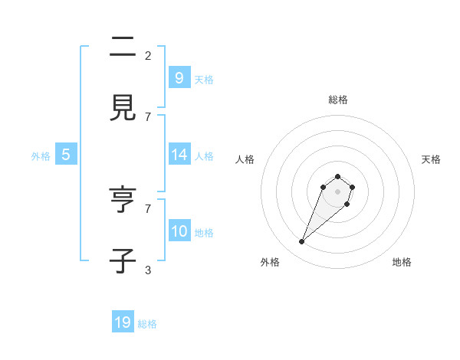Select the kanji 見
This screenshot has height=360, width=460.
(x=123, y=109)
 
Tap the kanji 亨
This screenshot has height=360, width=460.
(x=123, y=200)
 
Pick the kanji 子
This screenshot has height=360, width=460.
(x=123, y=261)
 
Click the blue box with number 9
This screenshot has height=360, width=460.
(x=179, y=77)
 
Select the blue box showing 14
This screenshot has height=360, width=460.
(x=179, y=155)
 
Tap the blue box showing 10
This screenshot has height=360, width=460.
(x=179, y=231)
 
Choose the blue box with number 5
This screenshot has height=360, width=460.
(x=66, y=155)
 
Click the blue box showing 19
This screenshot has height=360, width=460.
(x=123, y=322)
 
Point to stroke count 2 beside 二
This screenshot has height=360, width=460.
(x=148, y=55)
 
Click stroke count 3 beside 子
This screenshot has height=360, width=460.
(x=148, y=270)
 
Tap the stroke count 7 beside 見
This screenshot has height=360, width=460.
(x=148, y=116)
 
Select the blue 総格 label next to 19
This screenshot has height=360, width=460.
(x=147, y=324)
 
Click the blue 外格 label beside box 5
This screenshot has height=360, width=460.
(x=41, y=156)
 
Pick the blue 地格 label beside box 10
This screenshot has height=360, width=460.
(x=204, y=233)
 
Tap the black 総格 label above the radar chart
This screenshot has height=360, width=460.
(x=338, y=100)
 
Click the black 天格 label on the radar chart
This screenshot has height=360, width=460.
(x=431, y=159)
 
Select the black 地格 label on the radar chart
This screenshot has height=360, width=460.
(x=402, y=262)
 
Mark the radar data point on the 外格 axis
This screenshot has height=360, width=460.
(x=302, y=242)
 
